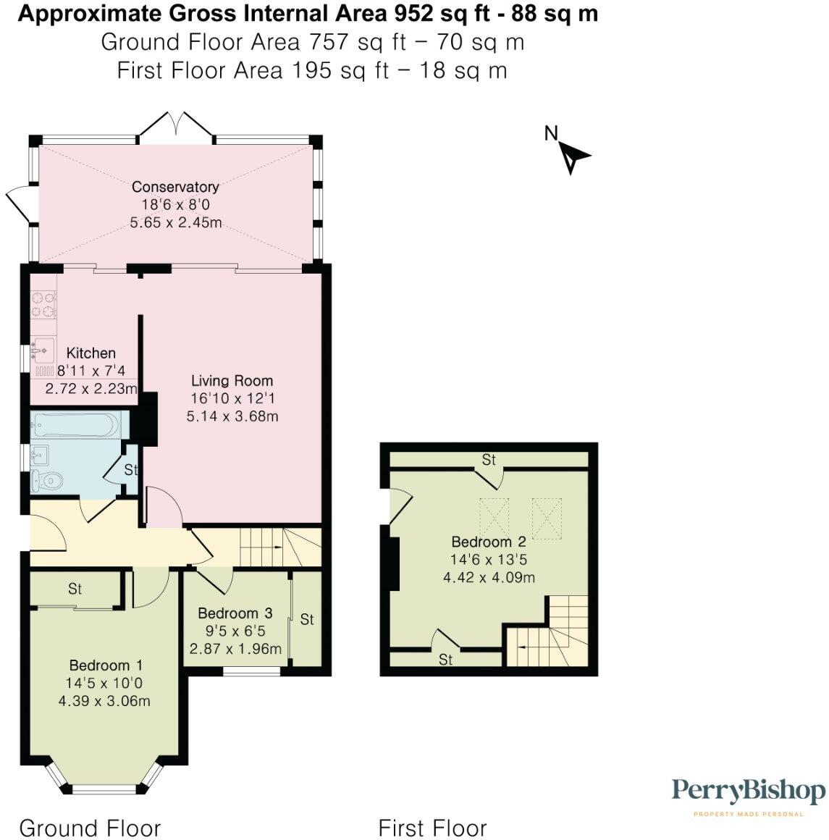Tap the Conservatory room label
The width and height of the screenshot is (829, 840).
(x=175, y=188)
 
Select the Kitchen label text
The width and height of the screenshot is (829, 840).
(x=91, y=353)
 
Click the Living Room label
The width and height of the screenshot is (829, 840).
(x=232, y=381)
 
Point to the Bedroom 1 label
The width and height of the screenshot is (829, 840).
(x=106, y=665)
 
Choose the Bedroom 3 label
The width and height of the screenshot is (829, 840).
(x=235, y=613)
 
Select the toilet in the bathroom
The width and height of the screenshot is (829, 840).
(x=46, y=480)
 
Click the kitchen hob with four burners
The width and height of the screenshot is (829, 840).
(x=43, y=303)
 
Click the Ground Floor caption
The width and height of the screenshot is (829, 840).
(x=90, y=828)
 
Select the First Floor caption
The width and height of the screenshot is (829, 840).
(x=432, y=828)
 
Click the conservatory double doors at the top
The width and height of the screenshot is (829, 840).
(x=177, y=125)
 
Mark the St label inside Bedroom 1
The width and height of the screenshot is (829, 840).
(x=75, y=589)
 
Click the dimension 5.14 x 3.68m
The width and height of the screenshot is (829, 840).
(x=232, y=416)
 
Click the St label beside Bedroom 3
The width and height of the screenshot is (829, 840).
(x=307, y=619)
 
